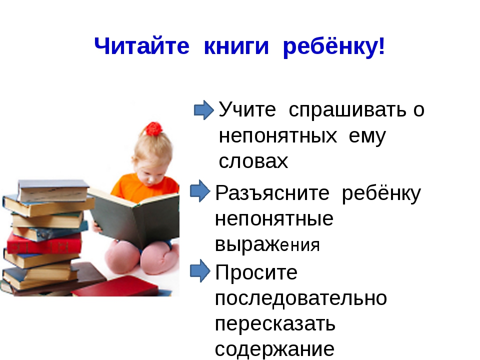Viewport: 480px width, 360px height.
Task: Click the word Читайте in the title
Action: (141, 46)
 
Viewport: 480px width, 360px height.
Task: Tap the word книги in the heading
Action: (236, 46)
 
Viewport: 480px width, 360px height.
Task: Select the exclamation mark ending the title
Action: (381, 46)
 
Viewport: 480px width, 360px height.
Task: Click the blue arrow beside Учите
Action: (204, 110)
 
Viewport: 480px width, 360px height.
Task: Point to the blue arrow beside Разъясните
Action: (200, 191)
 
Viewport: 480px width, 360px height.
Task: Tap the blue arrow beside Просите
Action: (200, 270)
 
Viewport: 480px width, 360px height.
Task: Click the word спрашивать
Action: (347, 110)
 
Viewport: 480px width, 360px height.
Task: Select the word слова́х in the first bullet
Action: (253, 160)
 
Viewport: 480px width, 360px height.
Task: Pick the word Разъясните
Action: (272, 193)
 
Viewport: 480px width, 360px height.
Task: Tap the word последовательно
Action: (300, 297)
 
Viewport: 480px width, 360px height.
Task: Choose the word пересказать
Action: (275, 323)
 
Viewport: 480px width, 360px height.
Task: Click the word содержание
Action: (274, 348)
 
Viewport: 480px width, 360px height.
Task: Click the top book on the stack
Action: (53, 190)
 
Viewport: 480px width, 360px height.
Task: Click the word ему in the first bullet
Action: (367, 136)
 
